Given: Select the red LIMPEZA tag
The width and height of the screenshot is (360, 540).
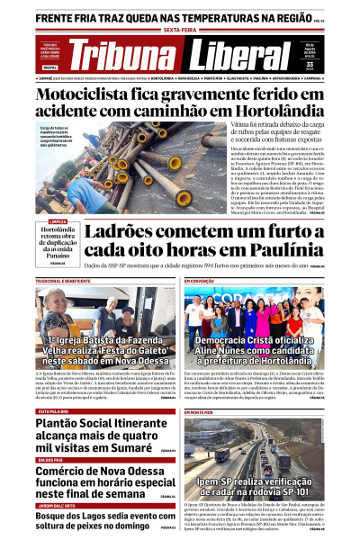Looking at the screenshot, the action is [x=57, y=221].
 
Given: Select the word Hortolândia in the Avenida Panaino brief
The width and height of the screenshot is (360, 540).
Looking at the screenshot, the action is [x=59, y=230].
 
